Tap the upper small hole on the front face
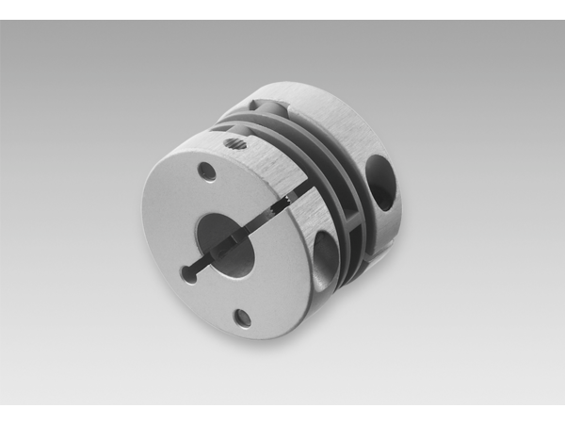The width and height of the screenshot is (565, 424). (206, 171)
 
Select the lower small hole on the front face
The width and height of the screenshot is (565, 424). (242, 317)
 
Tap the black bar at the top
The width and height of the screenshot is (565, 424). (282, 9)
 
